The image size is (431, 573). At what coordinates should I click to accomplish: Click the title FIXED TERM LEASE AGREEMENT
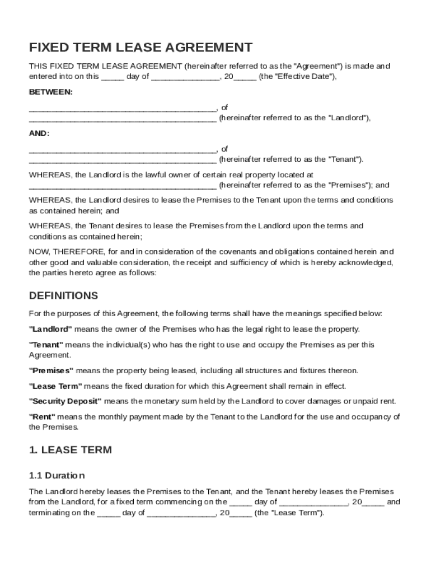coord(140,47)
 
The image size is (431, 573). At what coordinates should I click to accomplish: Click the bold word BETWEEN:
coord(51,92)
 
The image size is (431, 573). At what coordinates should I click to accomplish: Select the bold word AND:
coord(39,133)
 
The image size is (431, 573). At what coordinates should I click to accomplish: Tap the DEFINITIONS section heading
coord(63,295)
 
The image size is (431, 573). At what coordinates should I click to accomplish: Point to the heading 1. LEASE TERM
coord(71,449)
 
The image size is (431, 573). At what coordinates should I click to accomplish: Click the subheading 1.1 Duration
coord(57,476)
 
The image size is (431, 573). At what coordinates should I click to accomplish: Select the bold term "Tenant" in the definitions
coord(46,345)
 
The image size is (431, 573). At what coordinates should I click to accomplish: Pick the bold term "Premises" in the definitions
coord(51,370)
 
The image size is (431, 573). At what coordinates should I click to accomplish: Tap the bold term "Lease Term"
coord(55,386)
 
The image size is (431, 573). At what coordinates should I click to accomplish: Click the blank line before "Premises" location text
coord(123,186)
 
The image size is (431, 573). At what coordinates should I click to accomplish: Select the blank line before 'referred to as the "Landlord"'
coord(123,119)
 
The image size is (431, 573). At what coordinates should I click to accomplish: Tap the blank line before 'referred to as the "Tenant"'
coord(123,159)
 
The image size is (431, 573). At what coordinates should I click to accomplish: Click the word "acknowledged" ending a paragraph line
coord(367,262)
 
